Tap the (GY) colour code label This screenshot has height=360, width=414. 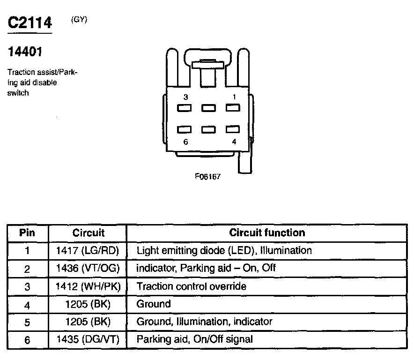coord(79,20)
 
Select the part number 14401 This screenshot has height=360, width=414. coord(25,52)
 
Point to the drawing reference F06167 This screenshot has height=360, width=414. coord(207,177)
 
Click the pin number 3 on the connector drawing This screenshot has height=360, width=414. coord(186,97)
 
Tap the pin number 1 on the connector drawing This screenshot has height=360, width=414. coord(234,97)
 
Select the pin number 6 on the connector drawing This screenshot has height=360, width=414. coord(186,142)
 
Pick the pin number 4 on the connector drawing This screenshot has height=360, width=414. coord(234,142)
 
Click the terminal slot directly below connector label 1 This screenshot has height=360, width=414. coord(233,108)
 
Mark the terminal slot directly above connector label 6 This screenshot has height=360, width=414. coord(185,129)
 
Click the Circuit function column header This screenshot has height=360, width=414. coord(267,232)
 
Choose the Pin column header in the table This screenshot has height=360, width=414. coord(27,232)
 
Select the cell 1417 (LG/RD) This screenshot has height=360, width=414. coord(88,250)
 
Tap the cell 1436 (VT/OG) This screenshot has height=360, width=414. coord(88,269)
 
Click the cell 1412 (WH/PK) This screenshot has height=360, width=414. coord(88,286)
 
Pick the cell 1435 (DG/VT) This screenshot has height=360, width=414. coord(88,339)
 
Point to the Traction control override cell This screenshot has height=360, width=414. coord(191,286)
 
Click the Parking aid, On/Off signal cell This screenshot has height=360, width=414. coord(194,339)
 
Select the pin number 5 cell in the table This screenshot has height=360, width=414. coord(27,322)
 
